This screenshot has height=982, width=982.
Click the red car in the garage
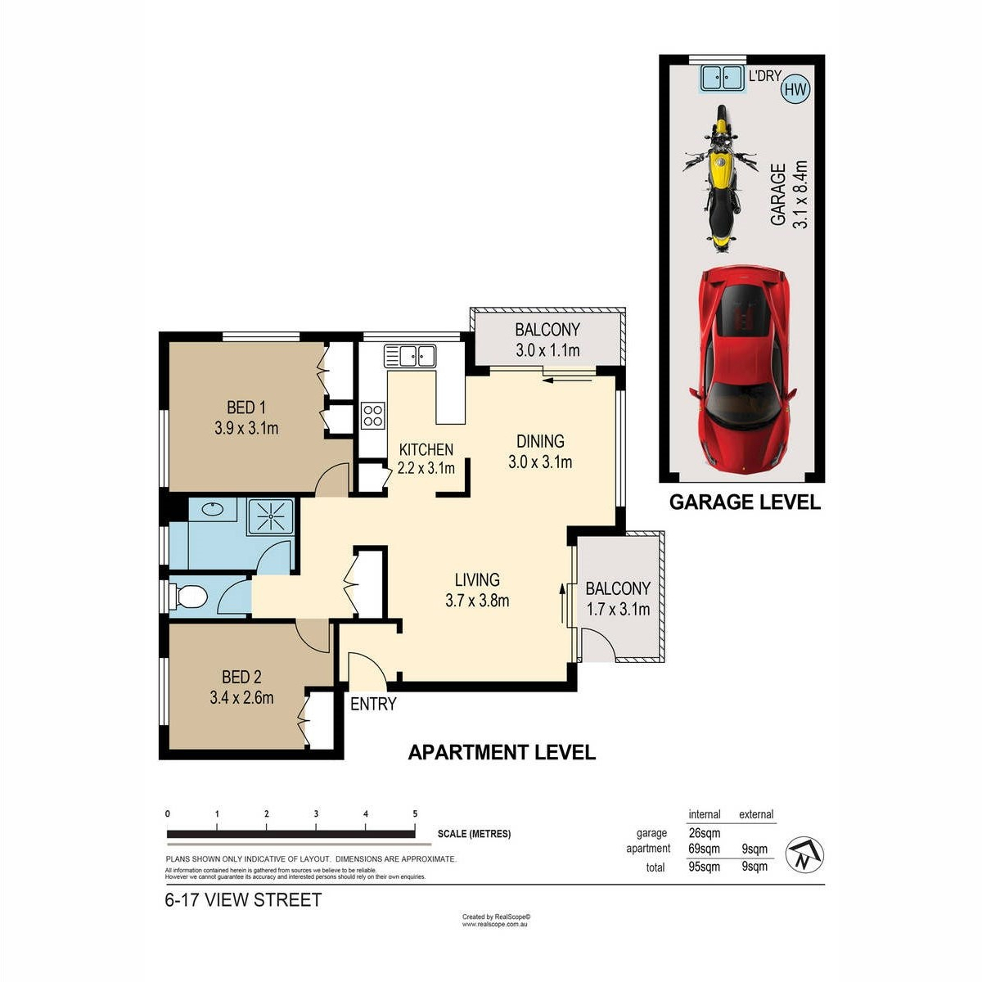[741, 369]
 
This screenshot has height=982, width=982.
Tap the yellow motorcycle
[720, 178]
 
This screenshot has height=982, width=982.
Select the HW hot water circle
[795, 90]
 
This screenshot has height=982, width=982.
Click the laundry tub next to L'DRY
[721, 79]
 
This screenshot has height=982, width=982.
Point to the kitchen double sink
[410, 355]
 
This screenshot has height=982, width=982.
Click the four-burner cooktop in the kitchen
[372, 416]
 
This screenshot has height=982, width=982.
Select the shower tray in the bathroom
[271, 516]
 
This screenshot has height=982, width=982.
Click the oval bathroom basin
[212, 508]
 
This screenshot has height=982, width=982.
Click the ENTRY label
[373, 704]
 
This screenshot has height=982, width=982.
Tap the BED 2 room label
[241, 677]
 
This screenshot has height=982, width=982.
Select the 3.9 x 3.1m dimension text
[246, 428]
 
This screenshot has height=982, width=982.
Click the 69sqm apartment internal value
[704, 849]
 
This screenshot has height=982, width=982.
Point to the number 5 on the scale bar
[415, 813]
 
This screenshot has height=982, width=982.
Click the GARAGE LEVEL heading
[745, 502]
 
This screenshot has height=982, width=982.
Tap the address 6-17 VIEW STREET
[243, 900]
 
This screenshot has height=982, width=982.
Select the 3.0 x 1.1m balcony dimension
[547, 350]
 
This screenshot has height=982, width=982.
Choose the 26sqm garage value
[705, 833]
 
